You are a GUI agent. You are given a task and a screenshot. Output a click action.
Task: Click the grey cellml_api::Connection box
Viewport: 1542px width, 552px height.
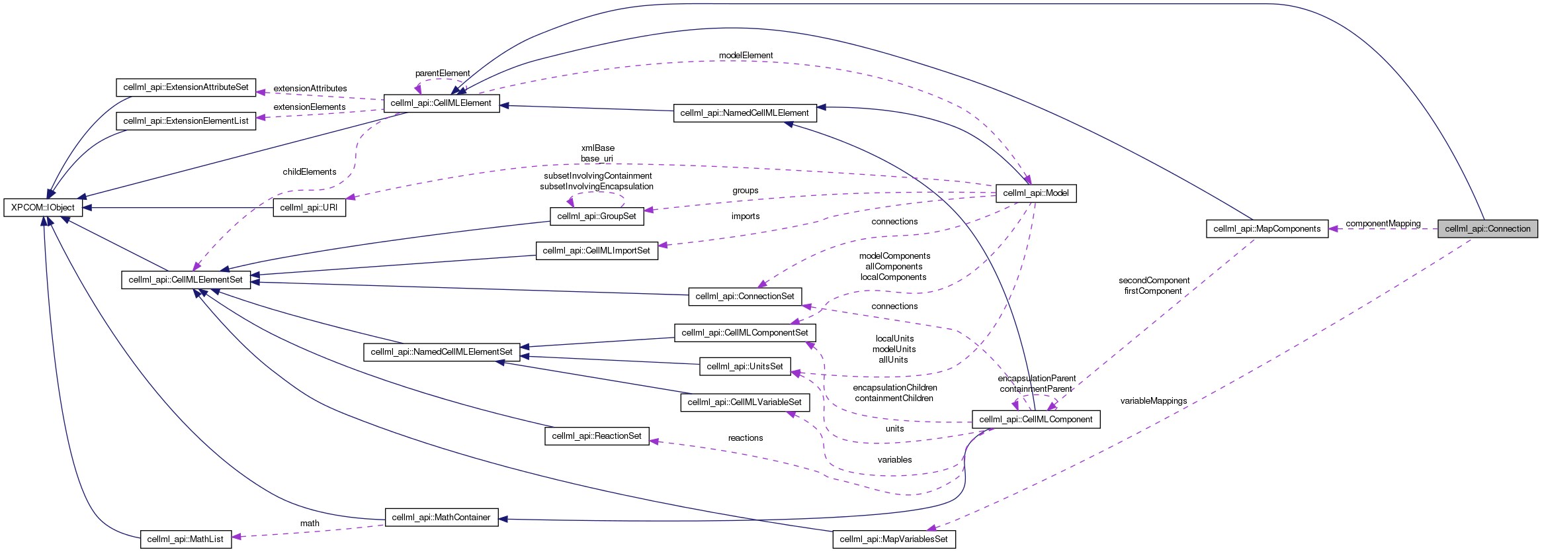(x=1487, y=229)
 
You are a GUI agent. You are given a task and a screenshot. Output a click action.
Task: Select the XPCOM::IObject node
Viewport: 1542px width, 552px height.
(x=43, y=208)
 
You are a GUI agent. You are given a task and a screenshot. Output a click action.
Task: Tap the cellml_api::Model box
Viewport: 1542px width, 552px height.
(x=1036, y=193)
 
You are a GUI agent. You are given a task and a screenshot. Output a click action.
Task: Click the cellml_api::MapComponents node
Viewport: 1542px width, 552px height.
(x=1267, y=229)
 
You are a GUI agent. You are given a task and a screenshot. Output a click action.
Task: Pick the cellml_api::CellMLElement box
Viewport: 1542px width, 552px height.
(x=441, y=103)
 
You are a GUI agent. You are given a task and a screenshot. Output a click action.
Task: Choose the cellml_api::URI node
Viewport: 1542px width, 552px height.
(x=309, y=208)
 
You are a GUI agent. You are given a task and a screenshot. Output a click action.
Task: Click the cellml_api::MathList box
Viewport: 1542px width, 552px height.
(x=186, y=539)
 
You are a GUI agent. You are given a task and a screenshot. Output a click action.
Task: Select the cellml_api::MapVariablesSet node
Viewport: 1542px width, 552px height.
(x=894, y=539)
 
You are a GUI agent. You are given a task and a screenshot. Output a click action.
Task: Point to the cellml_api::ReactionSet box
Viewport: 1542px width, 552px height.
(x=597, y=436)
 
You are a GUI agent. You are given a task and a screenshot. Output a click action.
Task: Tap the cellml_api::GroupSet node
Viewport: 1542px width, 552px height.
(x=597, y=216)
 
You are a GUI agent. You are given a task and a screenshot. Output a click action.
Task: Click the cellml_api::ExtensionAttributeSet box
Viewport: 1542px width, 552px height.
(x=186, y=87)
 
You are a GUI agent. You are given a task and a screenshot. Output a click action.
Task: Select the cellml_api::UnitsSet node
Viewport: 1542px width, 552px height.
(x=745, y=367)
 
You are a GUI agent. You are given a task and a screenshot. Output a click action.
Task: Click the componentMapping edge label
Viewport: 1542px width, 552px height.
(x=1383, y=224)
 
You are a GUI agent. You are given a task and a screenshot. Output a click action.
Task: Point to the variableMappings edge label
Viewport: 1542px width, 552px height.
(x=1154, y=401)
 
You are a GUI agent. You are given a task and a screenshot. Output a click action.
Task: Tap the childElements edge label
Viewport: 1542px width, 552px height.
(x=310, y=172)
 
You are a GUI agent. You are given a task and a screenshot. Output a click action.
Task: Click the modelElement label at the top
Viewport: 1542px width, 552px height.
(x=746, y=56)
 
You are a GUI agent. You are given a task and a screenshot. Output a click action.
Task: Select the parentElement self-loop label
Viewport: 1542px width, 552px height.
(x=443, y=73)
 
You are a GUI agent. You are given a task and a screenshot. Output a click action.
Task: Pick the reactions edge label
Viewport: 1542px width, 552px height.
(x=746, y=438)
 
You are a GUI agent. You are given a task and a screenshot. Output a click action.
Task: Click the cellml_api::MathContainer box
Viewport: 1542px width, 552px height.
(x=441, y=518)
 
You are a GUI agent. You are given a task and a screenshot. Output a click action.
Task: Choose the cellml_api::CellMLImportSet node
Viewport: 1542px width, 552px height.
(x=597, y=251)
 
